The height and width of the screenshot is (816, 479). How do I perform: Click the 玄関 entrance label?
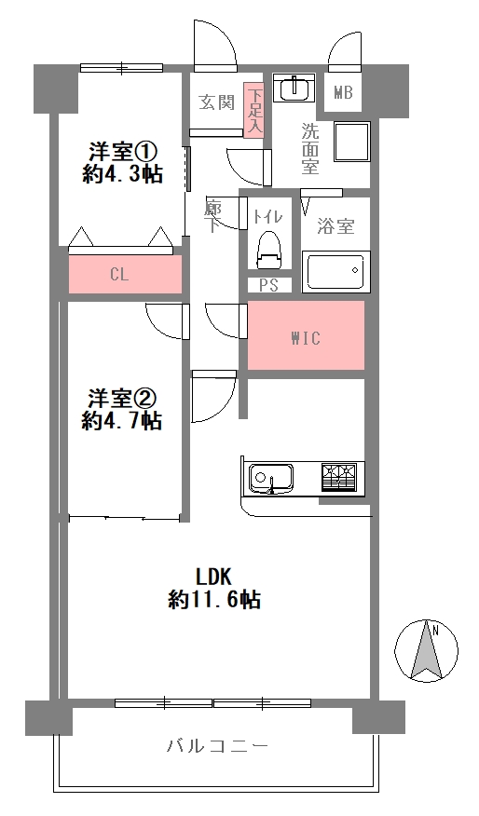pyautogui.click(x=216, y=102)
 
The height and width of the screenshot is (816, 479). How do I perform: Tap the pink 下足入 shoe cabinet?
pyautogui.click(x=254, y=109)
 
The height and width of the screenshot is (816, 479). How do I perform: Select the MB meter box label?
pyautogui.click(x=343, y=92)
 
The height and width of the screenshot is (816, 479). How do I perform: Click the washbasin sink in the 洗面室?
pyautogui.click(x=294, y=88)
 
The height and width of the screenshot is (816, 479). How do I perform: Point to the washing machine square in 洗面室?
pyautogui.click(x=352, y=143)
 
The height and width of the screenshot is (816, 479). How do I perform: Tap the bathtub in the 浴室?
pyautogui.click(x=335, y=271)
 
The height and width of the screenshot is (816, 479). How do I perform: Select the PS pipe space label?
pyautogui.click(x=268, y=285)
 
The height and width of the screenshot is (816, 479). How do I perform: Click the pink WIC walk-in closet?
pyautogui.click(x=306, y=335)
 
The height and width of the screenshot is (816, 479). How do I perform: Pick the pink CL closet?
pyautogui.click(x=125, y=274)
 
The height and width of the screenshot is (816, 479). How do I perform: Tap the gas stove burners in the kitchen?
pyautogui.click(x=340, y=477)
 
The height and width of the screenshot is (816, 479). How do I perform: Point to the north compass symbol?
pyautogui.click(x=427, y=650)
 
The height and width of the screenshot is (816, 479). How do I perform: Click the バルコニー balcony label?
pyautogui.click(x=218, y=747)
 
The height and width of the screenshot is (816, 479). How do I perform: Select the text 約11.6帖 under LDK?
pyautogui.click(x=214, y=601)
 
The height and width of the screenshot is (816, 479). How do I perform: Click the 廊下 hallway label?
pyautogui.click(x=212, y=216)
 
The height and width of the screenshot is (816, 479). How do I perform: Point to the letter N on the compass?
pyautogui.click(x=435, y=632)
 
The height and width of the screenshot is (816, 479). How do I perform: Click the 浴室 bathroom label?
pyautogui.click(x=335, y=226)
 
